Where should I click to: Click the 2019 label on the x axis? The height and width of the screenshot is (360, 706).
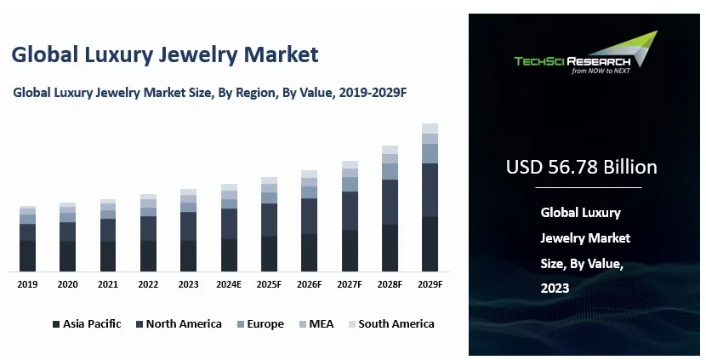click(27, 284)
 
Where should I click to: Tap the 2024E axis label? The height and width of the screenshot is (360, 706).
click(229, 284)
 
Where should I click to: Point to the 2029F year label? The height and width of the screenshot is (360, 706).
click(430, 284)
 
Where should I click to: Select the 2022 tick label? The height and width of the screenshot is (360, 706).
click(148, 284)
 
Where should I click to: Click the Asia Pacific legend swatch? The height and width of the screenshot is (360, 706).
click(56, 324)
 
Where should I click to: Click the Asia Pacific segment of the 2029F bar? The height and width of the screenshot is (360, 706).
click(430, 244)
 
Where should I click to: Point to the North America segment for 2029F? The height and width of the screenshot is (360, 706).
click(430, 190)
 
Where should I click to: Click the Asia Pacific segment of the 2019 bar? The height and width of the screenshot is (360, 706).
click(27, 256)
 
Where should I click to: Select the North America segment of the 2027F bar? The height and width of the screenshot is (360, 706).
click(350, 211)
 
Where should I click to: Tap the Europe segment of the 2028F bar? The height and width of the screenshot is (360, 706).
click(390, 171)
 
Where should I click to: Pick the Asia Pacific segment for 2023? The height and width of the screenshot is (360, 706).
click(189, 256)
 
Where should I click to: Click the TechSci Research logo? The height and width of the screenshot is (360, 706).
click(585, 54)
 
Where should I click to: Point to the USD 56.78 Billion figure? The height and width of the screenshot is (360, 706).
click(582, 167)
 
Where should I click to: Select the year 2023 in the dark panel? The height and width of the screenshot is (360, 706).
click(555, 289)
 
